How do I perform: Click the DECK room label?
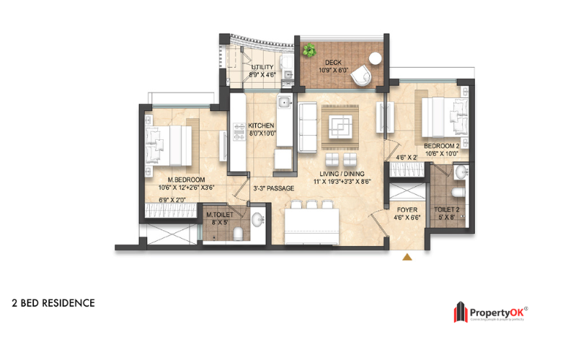point(332,62)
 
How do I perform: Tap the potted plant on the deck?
point(310,51)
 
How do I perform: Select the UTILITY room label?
point(262,67)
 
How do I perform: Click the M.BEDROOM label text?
point(187,180)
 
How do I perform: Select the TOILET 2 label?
point(447,210)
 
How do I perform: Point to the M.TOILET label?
point(218,215)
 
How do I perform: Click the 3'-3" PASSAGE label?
point(273,189)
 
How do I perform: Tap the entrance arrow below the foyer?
point(407,256)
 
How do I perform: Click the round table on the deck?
point(374,60)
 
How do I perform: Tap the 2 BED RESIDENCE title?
point(53,303)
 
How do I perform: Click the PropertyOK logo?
point(490,312)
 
